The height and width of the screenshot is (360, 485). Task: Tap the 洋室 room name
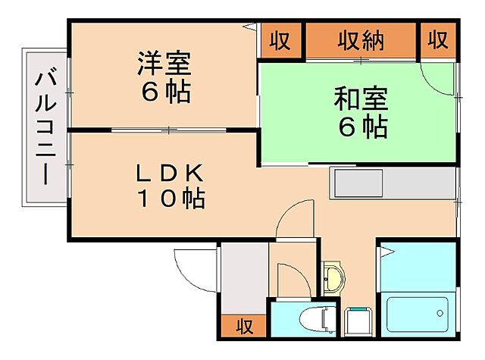(163, 62)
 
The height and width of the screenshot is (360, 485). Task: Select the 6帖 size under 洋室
(163, 92)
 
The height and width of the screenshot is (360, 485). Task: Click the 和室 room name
(361, 99)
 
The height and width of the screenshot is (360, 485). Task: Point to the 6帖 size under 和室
(361, 127)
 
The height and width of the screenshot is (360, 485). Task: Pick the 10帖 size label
(171, 199)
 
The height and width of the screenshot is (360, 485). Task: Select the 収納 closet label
(361, 40)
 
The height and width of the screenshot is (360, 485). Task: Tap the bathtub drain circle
(440, 312)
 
